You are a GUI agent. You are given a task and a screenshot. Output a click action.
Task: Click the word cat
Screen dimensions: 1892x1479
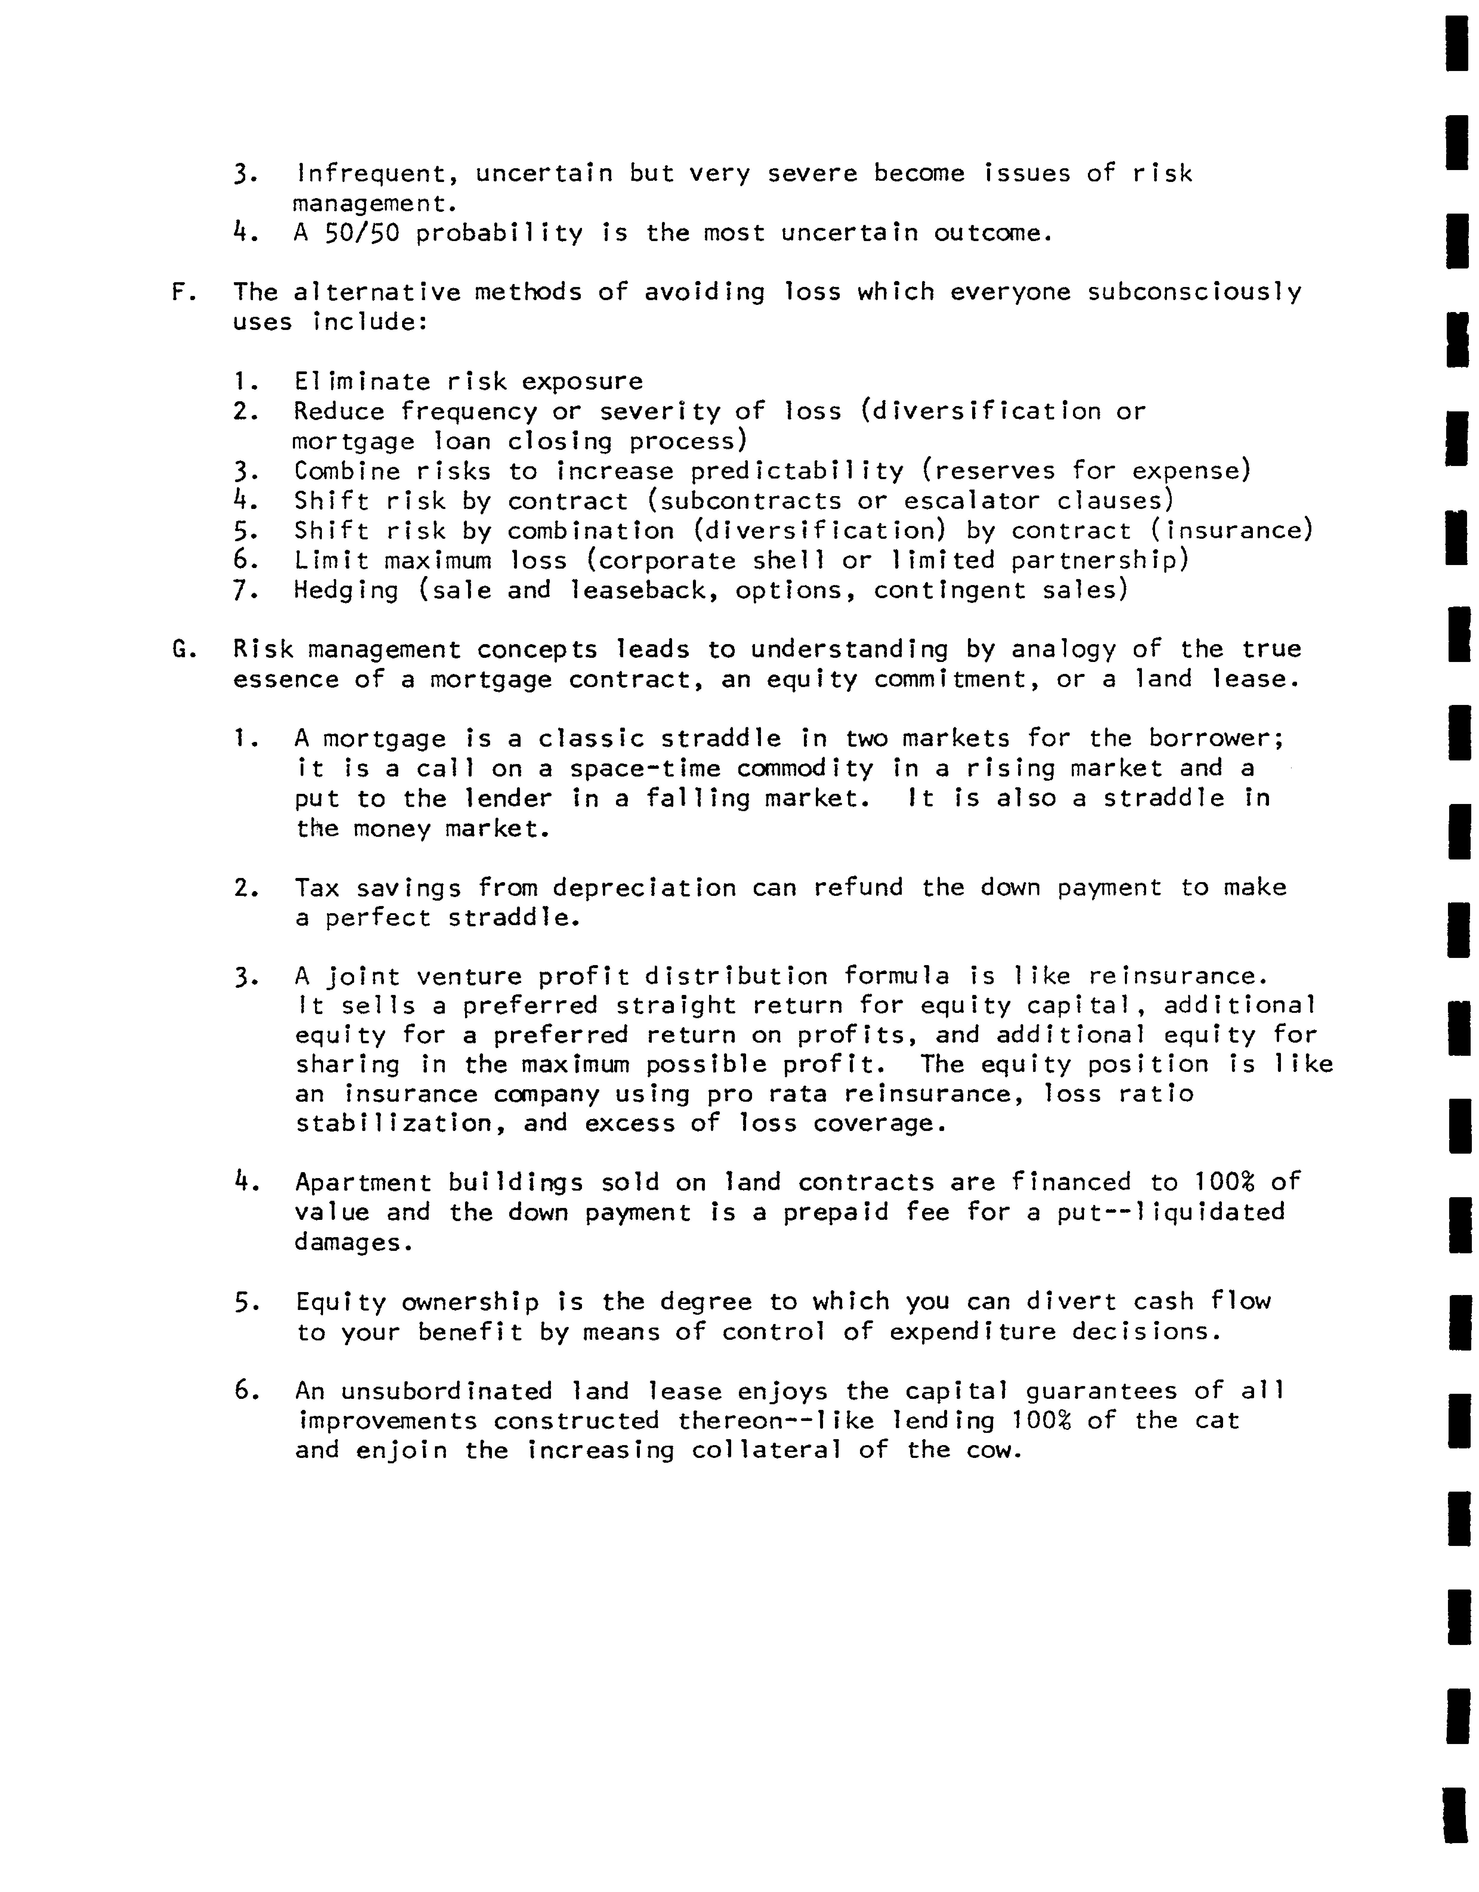[x=1217, y=1421]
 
